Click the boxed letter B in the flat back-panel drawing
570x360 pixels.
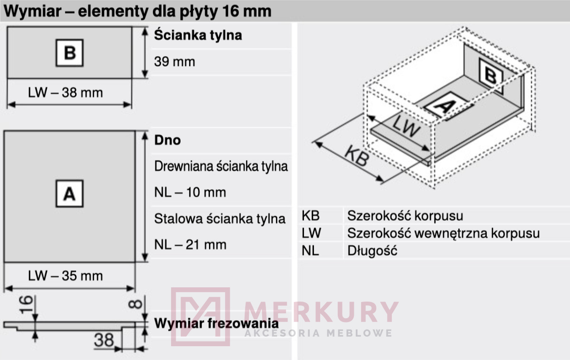click(x=69, y=53)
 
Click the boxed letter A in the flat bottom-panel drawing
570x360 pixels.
click(x=69, y=194)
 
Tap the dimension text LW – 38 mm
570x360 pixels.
click(x=66, y=92)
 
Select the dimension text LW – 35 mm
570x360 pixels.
click(x=66, y=276)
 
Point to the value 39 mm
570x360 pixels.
click(x=175, y=62)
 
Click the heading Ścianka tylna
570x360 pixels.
click(x=198, y=35)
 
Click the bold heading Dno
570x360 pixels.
click(x=167, y=140)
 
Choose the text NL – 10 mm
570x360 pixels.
click(x=190, y=192)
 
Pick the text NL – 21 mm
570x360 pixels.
click(x=190, y=245)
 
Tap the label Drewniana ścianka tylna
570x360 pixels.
click(x=221, y=166)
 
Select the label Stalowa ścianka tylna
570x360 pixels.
click(x=220, y=219)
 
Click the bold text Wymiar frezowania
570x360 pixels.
click(x=216, y=323)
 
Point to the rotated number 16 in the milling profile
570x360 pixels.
click(x=26, y=304)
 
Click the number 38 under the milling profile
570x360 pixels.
click(x=104, y=340)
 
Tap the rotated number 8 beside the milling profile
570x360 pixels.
click(x=135, y=304)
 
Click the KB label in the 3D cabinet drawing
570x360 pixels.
click(x=357, y=155)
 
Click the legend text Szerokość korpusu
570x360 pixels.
click(x=405, y=216)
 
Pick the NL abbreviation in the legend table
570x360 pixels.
click(x=310, y=251)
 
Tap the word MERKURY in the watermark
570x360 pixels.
click(x=321, y=312)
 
